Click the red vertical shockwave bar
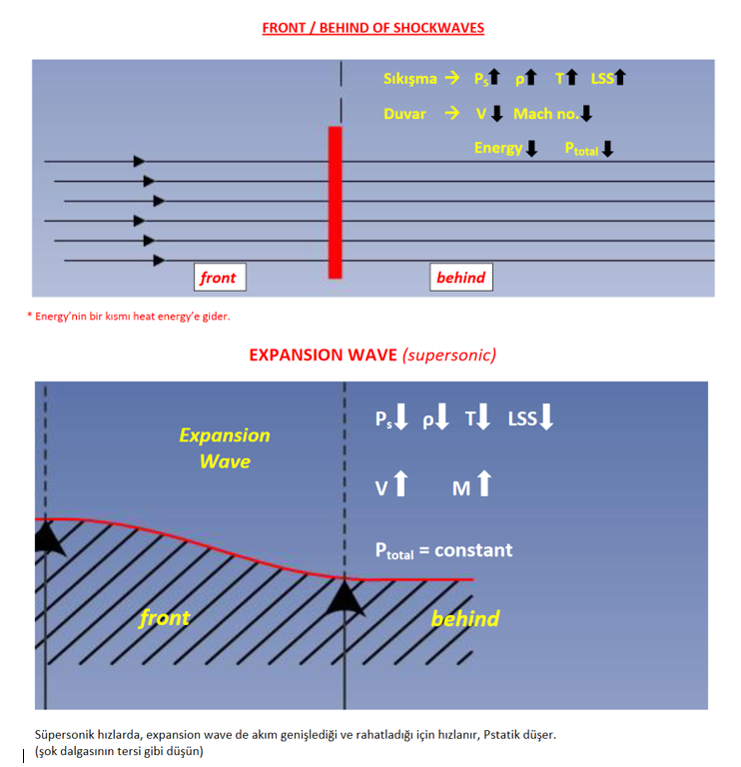[x=335, y=203]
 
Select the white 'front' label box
[x=220, y=278]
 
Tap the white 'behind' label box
[x=461, y=278]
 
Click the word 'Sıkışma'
[x=409, y=79]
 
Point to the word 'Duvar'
[x=404, y=114]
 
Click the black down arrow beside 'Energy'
[x=531, y=148]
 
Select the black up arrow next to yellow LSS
[x=620, y=77]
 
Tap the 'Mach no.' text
[x=546, y=114]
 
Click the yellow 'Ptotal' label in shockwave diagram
[x=581, y=149]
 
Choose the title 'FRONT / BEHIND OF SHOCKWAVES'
[x=373, y=28]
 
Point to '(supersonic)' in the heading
[x=449, y=355]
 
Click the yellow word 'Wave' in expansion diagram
[x=225, y=461]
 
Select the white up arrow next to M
[x=484, y=483]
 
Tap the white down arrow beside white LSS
[x=546, y=416]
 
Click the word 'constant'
[x=473, y=550]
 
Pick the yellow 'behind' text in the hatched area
[x=465, y=619]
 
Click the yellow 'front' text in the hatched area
[x=165, y=618]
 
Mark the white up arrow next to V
[x=400, y=483]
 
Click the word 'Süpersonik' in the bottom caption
[x=64, y=735]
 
